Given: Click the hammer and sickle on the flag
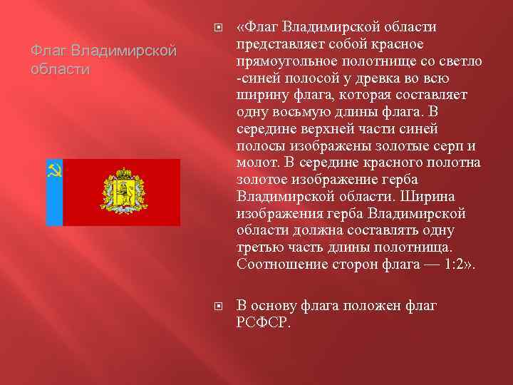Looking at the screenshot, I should (x=54, y=170).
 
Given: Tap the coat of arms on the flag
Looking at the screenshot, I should (x=124, y=192).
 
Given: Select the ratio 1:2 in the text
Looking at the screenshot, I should (x=457, y=265).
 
